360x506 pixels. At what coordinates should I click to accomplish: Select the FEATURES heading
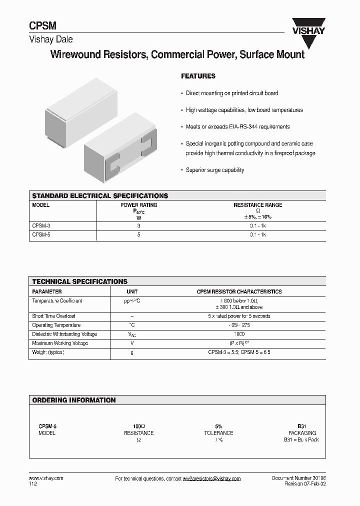point(198,76)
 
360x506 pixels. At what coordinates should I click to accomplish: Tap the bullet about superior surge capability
point(214,170)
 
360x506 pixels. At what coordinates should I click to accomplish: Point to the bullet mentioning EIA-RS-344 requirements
point(237,127)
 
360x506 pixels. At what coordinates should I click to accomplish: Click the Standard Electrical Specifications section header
point(100,196)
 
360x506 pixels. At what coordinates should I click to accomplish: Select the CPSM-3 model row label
point(41,226)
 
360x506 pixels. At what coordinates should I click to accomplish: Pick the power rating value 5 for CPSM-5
point(139,234)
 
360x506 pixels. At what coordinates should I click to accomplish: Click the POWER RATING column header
point(139,205)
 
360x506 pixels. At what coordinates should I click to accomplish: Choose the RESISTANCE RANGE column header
point(257,205)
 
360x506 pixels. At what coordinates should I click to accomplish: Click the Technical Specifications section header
point(80,281)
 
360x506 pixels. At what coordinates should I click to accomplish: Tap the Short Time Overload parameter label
point(53,316)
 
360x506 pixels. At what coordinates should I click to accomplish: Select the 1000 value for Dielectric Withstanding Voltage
point(239,334)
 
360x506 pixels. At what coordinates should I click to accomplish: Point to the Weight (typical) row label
point(48,352)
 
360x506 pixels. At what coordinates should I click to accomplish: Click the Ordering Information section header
point(74,400)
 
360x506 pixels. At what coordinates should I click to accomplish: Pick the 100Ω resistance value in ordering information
point(139,426)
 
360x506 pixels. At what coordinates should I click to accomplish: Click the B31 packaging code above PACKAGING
point(302,426)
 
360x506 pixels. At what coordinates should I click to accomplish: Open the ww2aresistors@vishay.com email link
point(211,478)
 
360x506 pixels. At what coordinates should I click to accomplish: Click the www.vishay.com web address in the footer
point(46,478)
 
